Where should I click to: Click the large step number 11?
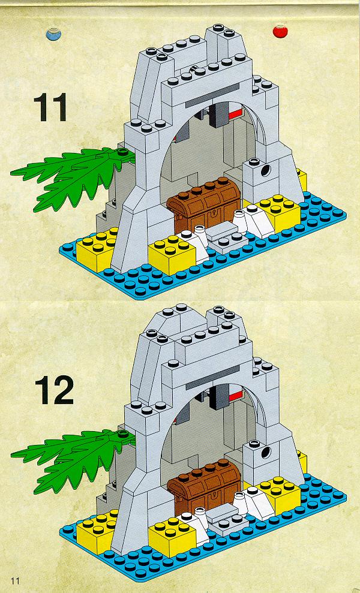[50, 107]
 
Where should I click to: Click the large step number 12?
[54, 391]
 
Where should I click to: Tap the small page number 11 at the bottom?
[15, 580]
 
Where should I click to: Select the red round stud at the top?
[280, 31]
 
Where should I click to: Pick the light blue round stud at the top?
[53, 34]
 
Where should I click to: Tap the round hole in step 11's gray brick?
[266, 170]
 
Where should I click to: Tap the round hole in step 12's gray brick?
[266, 451]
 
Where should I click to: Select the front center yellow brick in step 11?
[172, 254]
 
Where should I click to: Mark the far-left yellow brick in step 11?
[95, 249]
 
